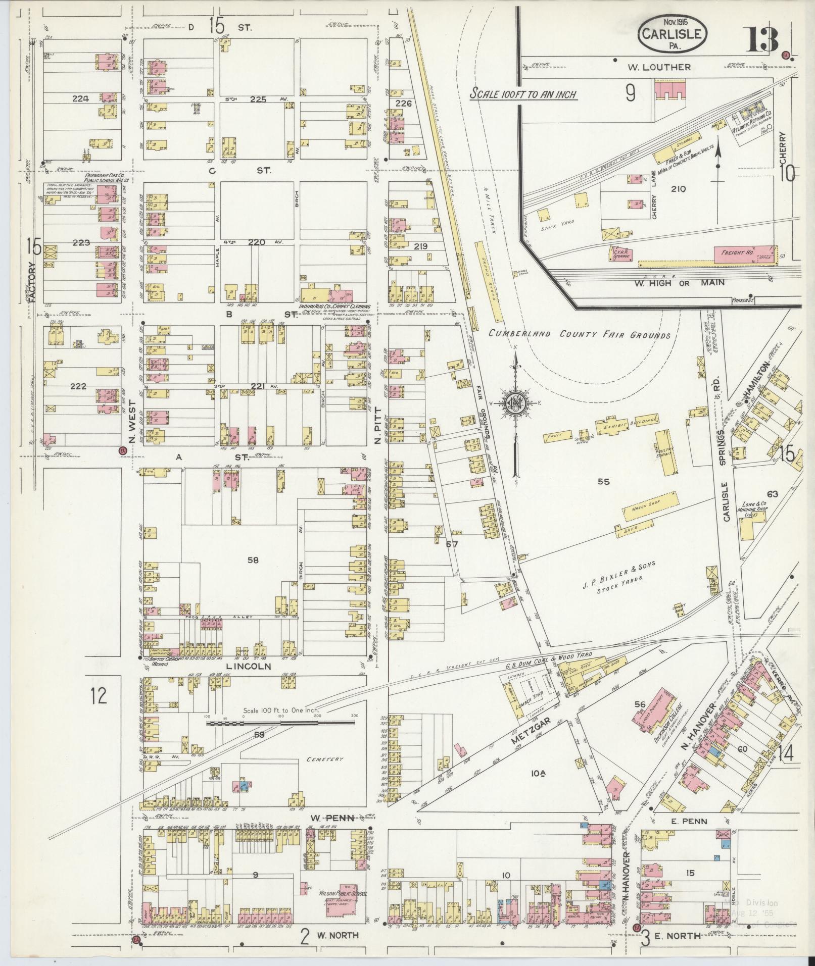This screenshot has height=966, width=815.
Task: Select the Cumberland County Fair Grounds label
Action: coord(580,335)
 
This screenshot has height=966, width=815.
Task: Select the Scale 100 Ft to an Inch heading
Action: coord(523,94)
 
